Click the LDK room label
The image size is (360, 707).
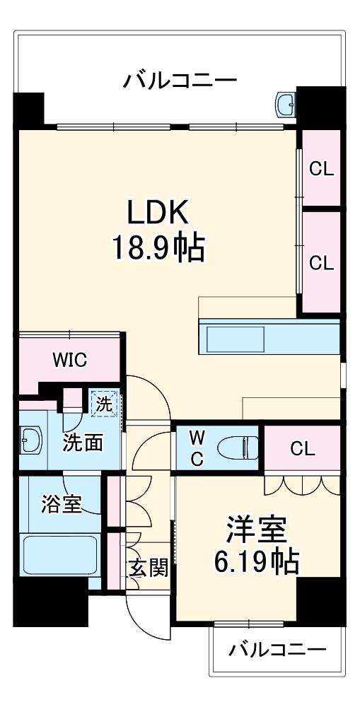pyautogui.click(x=158, y=212)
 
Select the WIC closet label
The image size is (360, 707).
pyautogui.click(x=69, y=361)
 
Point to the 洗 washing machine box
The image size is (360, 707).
pyautogui.click(x=104, y=404)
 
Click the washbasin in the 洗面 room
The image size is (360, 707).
pyautogui.click(x=31, y=440)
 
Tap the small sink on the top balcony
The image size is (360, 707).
pyautogui.click(x=286, y=104)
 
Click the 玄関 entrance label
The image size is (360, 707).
pyautogui.click(x=149, y=568)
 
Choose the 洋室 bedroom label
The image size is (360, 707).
pyautogui.click(x=257, y=529)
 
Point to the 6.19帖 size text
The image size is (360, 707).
pyautogui.click(x=256, y=561)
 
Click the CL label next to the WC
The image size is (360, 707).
pyautogui.click(x=303, y=449)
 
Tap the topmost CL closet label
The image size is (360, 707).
pyautogui.click(x=321, y=169)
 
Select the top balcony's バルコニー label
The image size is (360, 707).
pyautogui.click(x=180, y=81)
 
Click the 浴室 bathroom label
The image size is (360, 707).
pyautogui.click(x=61, y=504)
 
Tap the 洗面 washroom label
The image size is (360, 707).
pyautogui.click(x=83, y=443)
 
